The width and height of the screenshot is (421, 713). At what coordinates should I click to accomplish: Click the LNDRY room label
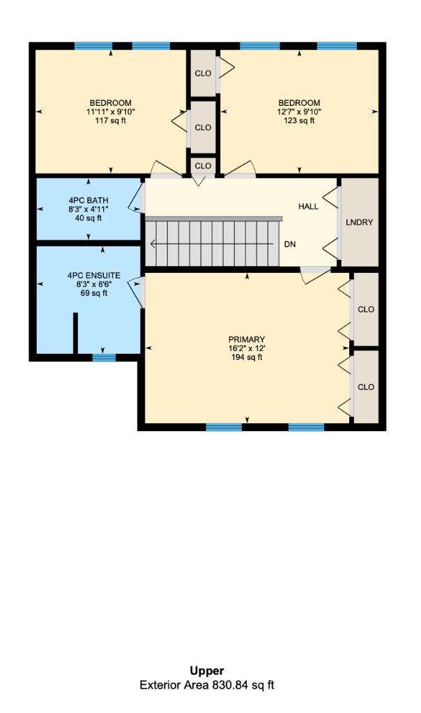click(359, 223)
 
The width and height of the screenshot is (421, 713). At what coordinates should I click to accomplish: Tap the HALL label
click(308, 207)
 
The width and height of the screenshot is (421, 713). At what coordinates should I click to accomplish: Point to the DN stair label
click(290, 244)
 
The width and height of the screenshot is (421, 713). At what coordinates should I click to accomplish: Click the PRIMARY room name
click(247, 340)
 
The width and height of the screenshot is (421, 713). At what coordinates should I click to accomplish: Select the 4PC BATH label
click(88, 201)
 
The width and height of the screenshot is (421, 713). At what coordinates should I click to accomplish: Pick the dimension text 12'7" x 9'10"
click(299, 111)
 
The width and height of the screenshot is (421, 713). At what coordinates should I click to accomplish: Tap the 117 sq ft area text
click(110, 120)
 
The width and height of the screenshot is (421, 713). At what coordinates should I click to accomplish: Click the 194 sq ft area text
click(247, 358)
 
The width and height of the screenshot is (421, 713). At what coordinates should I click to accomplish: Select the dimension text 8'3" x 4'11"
click(88, 209)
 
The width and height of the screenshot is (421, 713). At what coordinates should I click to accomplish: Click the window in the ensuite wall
click(104, 358)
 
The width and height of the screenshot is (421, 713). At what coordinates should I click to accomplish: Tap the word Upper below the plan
click(207, 671)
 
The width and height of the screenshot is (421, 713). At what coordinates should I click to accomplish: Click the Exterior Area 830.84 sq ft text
click(207, 685)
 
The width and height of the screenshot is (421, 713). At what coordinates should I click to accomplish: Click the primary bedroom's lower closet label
click(366, 387)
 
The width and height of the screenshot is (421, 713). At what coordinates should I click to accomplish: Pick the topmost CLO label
click(203, 73)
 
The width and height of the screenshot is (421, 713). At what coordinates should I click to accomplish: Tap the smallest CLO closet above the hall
click(203, 166)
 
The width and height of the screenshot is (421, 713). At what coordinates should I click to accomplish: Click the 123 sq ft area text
click(299, 120)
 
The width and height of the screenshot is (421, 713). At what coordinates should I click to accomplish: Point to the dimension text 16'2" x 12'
click(247, 349)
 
